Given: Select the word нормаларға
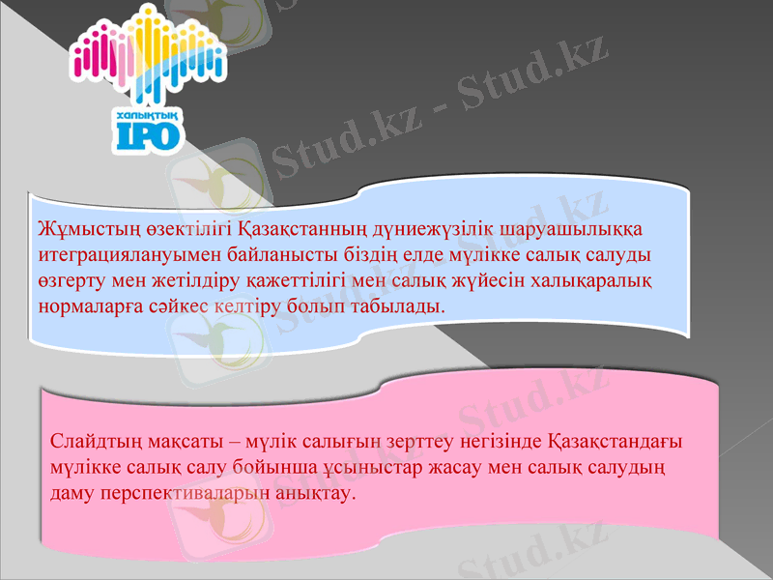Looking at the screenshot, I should (89, 305).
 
